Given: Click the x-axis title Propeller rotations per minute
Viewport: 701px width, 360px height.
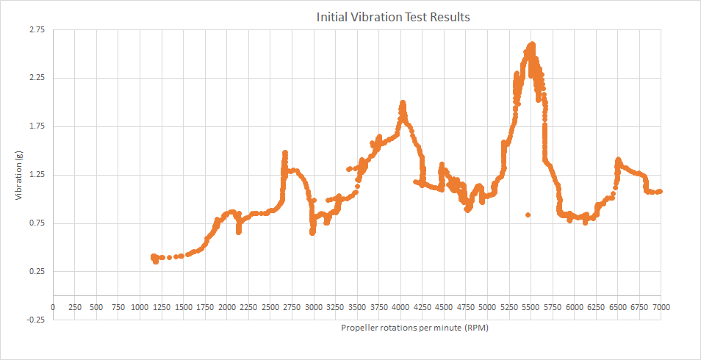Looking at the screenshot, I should [414, 328].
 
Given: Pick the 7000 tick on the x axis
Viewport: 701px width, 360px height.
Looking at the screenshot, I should [661, 307].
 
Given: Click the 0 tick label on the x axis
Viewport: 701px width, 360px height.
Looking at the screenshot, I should [53, 307].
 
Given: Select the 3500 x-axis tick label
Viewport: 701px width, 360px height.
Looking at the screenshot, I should [357, 307].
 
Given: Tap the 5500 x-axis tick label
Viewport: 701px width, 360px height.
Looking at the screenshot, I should [531, 307].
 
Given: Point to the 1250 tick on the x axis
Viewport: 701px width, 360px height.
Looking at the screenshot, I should [162, 307].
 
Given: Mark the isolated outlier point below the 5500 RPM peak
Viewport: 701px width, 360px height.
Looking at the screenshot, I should [528, 215].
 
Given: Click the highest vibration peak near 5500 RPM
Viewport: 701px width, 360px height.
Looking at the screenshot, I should [531, 45].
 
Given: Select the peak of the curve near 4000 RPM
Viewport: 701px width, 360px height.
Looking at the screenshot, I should [402, 103].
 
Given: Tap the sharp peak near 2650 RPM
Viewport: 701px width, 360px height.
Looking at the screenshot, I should [284, 153].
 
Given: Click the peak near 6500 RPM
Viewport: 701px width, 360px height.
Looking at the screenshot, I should [618, 159].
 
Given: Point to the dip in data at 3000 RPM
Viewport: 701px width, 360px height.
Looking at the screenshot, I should [312, 232].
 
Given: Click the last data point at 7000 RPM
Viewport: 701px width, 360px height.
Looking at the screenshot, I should [660, 192].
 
